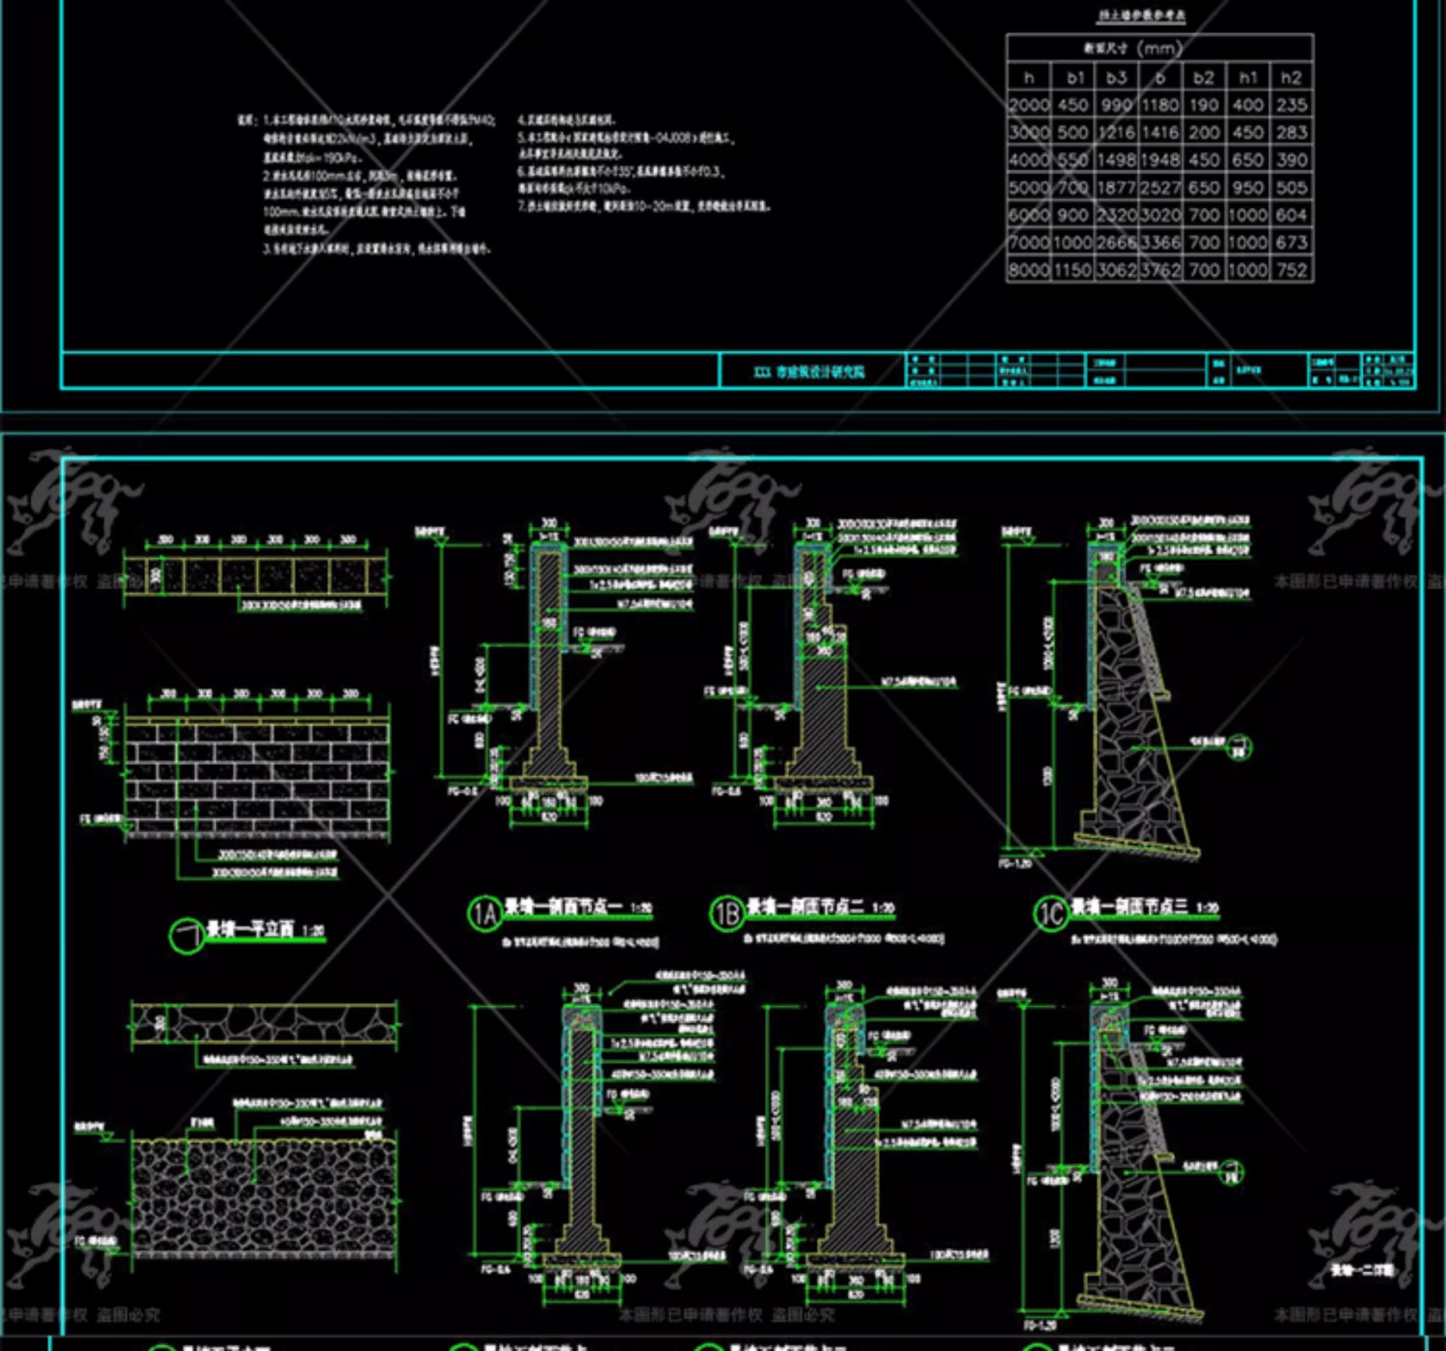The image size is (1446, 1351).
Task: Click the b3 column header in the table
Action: (x=1117, y=78)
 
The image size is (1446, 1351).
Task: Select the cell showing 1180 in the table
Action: (x=1159, y=106)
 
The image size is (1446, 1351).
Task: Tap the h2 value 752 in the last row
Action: (x=1291, y=271)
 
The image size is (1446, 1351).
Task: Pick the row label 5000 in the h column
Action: (x=1029, y=188)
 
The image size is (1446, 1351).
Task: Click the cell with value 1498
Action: (x=1117, y=160)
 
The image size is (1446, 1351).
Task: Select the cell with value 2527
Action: (x=1159, y=188)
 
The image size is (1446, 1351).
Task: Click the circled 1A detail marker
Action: (x=485, y=913)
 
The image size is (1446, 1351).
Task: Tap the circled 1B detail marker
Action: (x=726, y=913)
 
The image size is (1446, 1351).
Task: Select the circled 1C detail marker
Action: (x=1050, y=913)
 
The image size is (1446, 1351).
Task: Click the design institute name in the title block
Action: (x=809, y=372)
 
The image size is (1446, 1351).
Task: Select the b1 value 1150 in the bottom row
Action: (x=1073, y=271)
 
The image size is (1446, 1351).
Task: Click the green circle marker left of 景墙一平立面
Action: (x=186, y=936)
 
